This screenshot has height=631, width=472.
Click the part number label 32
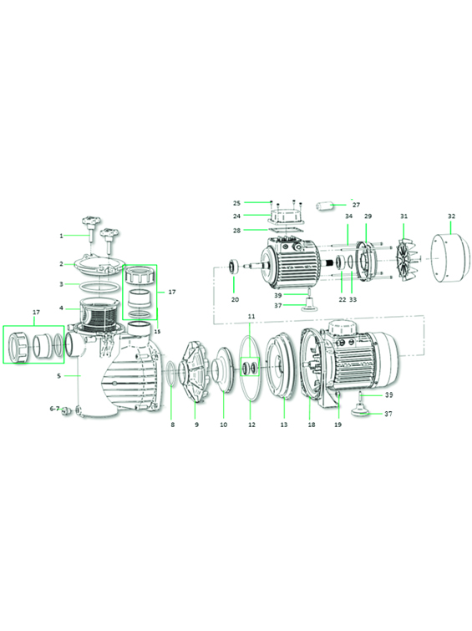(x=451, y=216)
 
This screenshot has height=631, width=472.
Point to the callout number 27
(x=356, y=205)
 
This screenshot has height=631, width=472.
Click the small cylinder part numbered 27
(x=325, y=206)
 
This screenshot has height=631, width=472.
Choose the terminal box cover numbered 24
(x=286, y=216)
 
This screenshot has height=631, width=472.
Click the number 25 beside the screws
(x=236, y=203)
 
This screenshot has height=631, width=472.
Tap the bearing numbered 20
(x=233, y=267)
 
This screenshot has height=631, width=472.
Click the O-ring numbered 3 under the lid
(x=99, y=287)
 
